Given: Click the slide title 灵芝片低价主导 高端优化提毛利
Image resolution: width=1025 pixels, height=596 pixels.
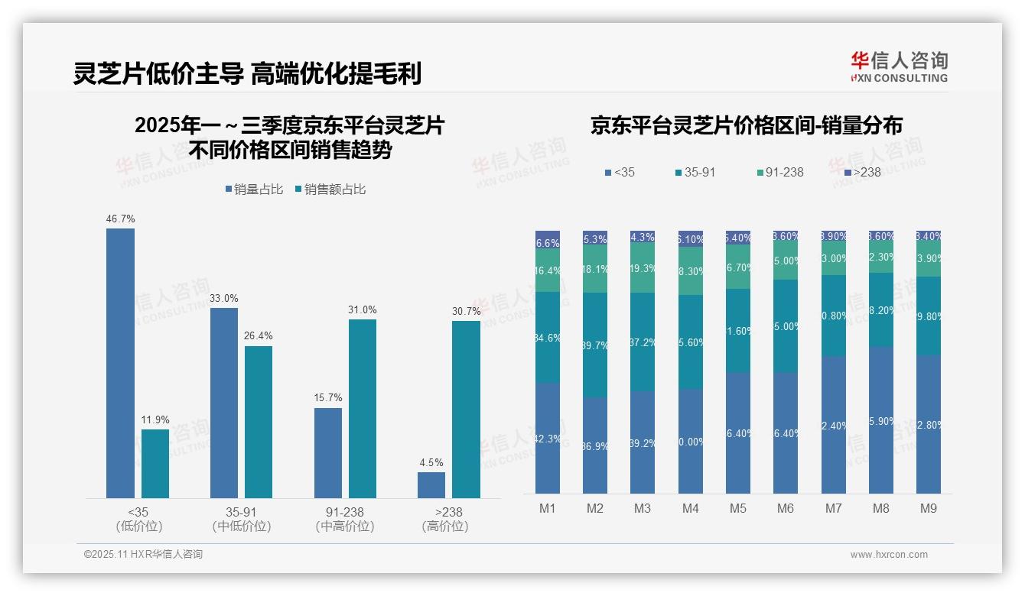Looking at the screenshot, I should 247,74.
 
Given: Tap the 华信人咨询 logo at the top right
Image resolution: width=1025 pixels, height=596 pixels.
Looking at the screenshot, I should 899,67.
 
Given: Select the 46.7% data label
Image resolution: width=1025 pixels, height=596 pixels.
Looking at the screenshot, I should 120,219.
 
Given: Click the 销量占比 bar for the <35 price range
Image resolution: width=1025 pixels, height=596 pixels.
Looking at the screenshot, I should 120,363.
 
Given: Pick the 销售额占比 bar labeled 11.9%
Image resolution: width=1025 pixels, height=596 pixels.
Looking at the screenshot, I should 155,464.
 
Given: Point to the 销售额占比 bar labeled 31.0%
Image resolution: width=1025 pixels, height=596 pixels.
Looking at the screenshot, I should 363,409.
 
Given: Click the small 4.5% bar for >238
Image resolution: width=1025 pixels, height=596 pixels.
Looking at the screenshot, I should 431,485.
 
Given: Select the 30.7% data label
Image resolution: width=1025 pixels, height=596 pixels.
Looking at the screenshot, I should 467,311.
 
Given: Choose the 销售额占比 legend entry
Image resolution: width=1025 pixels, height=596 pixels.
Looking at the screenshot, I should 330,189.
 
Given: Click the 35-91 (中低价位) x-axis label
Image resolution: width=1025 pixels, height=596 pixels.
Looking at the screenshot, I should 242,519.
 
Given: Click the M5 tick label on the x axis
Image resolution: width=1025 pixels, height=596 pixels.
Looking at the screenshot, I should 737,508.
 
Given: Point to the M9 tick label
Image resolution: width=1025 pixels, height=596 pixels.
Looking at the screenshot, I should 927,508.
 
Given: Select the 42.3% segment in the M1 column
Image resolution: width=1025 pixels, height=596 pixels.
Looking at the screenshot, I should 547,438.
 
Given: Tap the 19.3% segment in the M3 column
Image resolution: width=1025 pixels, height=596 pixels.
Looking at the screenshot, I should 642,268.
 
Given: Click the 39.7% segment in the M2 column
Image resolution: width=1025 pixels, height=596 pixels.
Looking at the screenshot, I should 594,345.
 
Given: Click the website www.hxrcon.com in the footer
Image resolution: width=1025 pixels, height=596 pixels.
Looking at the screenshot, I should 889,555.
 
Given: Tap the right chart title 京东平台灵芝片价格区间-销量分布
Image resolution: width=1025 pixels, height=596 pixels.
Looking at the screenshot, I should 746,126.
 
